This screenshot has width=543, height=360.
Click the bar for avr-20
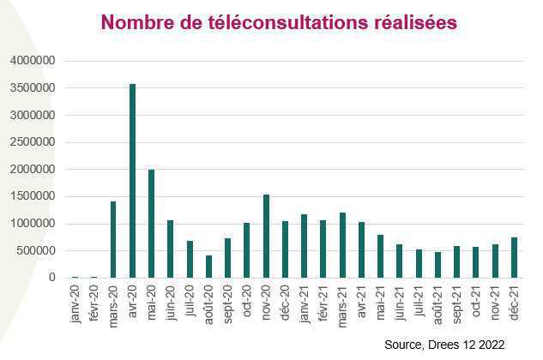[x=133, y=181]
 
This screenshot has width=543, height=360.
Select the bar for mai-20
[x=152, y=224]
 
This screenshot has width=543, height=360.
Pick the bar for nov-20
[x=266, y=236]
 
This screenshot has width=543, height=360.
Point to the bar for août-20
[x=208, y=267]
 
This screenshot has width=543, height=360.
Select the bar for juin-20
[x=171, y=249]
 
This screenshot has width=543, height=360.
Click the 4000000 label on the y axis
[x=33, y=61]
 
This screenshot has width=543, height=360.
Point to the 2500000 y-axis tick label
[x=33, y=142]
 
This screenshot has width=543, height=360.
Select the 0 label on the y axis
[x=52, y=278]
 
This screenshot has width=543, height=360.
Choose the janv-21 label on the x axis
[x=305, y=303]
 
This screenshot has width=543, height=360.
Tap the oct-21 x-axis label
[x=475, y=301]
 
